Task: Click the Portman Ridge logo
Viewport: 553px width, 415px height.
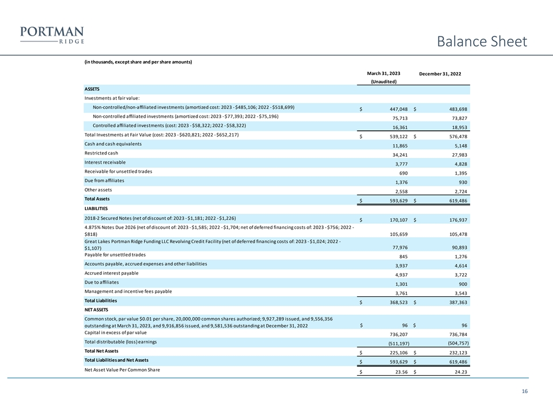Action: (52, 35)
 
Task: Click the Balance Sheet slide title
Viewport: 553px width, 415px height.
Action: (482, 41)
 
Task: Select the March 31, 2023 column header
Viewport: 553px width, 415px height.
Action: (383, 74)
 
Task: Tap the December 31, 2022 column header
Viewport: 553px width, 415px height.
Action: (440, 74)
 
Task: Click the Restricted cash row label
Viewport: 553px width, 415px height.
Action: (101, 153)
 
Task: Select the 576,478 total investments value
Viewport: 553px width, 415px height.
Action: (455, 137)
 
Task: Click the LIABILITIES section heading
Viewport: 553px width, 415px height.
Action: (97, 208)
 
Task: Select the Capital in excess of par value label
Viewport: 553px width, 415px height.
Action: (115, 333)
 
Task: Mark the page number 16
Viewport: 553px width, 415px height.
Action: (524, 392)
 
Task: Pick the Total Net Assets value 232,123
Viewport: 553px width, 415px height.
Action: (455, 353)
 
